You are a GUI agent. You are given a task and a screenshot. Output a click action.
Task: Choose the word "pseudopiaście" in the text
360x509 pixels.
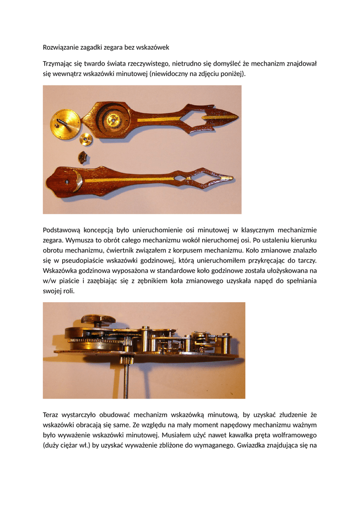point(82,260)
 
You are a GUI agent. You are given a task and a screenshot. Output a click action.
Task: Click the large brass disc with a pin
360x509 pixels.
point(65,124)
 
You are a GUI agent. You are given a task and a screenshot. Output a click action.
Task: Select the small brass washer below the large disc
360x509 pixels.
point(86,140)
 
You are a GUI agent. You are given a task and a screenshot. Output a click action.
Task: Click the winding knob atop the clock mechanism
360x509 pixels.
point(98,319)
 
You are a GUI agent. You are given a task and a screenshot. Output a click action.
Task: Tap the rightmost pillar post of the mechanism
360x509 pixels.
point(226,343)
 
